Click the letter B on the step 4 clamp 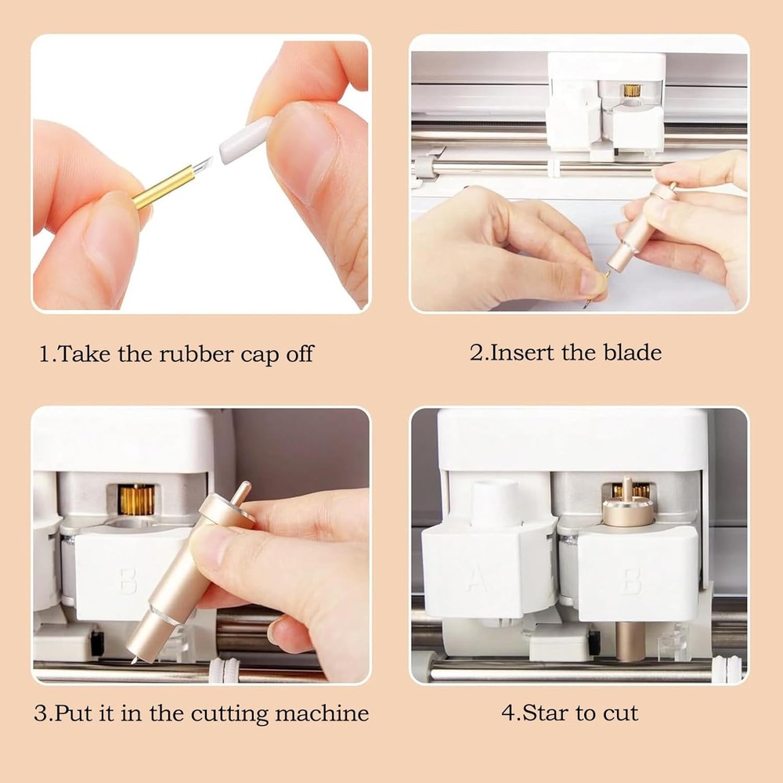coord(633,581)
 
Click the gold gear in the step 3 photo coord(136,500)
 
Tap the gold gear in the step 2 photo coord(631,90)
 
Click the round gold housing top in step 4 coord(627,512)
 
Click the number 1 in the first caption coord(45,354)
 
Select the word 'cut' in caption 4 coord(620,713)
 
